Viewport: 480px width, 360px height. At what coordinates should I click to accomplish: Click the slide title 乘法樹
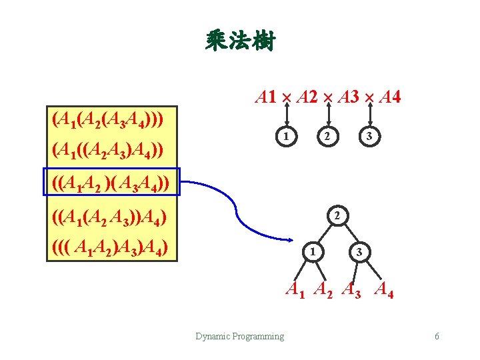pos(240,41)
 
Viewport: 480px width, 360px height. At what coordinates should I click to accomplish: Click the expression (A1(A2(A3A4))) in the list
pos(109,121)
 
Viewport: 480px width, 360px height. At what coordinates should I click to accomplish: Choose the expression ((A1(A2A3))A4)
pos(109,217)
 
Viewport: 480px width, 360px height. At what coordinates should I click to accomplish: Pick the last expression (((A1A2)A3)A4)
pos(109,249)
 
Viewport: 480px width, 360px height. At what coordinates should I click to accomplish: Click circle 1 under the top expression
pos(285,137)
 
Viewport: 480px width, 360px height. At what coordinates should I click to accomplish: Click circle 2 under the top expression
pos(327,137)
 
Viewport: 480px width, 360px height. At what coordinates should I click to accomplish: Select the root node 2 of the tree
pos(337,216)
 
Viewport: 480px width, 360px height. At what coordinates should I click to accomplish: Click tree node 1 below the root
pos(311,252)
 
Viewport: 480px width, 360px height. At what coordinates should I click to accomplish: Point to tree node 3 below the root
pos(359,252)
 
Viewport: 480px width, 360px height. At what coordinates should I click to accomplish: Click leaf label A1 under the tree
pos(295,289)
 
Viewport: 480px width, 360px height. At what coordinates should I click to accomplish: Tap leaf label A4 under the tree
pos(384,289)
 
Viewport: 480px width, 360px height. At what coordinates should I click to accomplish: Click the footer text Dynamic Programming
pos(239,336)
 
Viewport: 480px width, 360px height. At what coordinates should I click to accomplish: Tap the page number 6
pos(437,336)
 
